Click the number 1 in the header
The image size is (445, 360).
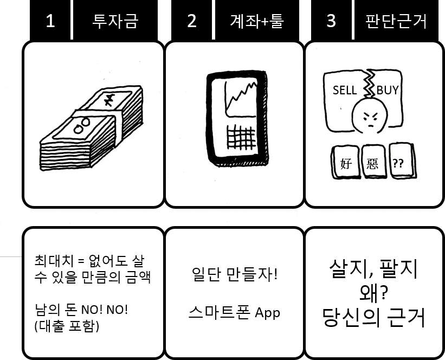(x=50, y=21)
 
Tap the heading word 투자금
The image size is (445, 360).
(x=115, y=21)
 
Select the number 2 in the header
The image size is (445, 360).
(x=191, y=21)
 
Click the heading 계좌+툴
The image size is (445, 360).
(x=256, y=21)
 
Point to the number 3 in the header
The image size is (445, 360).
(x=331, y=21)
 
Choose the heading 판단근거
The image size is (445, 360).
(x=396, y=21)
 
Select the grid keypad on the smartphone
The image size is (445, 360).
(x=240, y=139)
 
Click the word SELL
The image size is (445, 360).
(x=344, y=90)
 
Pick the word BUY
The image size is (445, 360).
(x=388, y=90)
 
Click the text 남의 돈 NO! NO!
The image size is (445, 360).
(x=81, y=311)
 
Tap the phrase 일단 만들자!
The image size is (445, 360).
(x=235, y=274)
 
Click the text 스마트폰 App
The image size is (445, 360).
(x=235, y=312)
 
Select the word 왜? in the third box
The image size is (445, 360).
(x=373, y=294)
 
